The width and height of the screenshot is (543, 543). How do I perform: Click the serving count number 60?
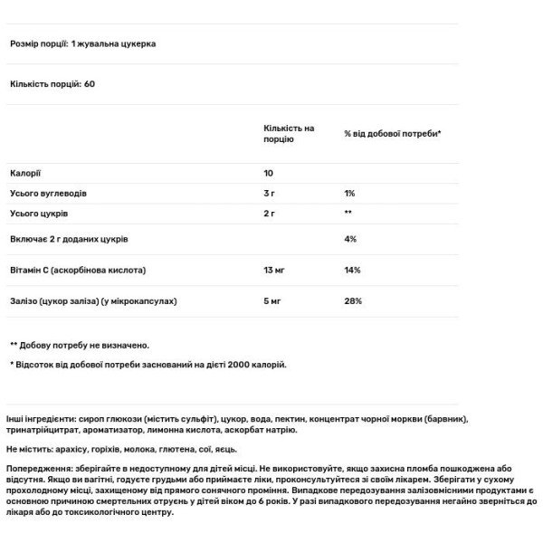click(89, 84)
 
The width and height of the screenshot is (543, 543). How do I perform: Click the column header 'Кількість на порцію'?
click(289, 134)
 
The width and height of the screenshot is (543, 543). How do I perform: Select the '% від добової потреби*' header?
click(392, 133)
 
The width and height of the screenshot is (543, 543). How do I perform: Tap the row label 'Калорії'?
click(25, 173)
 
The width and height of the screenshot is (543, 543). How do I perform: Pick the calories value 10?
click(269, 173)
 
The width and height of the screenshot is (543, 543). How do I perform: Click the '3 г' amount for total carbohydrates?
click(270, 194)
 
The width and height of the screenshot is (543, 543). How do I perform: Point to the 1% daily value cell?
click(351, 194)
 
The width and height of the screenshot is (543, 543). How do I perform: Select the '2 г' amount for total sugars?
click(270, 214)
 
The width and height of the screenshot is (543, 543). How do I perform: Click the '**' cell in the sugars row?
click(348, 214)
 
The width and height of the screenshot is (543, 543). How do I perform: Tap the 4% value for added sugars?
click(351, 240)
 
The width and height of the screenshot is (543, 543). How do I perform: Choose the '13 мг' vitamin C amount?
click(275, 271)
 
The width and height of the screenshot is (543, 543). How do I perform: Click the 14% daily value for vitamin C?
click(353, 271)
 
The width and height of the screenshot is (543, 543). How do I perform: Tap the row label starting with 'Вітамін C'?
click(77, 271)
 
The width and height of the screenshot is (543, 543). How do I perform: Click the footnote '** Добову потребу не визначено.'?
click(80, 345)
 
